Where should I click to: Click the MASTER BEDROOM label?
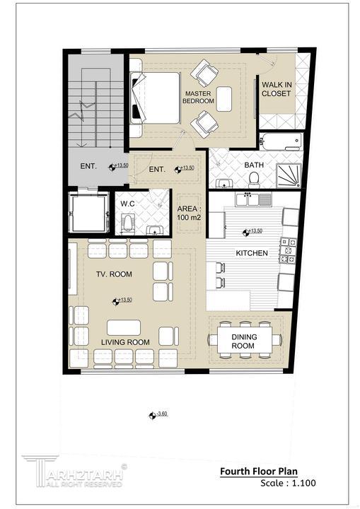[198, 98]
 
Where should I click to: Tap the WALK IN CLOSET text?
[276, 89]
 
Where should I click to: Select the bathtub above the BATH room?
[281, 141]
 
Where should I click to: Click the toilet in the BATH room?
[254, 180]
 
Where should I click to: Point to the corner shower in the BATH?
[289, 175]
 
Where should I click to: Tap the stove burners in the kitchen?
[289, 250]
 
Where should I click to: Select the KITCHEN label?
[252, 253]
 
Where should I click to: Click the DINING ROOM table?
[245, 339]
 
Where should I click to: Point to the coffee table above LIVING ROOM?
[124, 327]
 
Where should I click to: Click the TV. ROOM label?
[114, 274]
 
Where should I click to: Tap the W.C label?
[127, 204]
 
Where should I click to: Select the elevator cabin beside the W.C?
[88, 213]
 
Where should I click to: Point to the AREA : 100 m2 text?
[189, 213]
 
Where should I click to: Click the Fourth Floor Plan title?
[259, 471]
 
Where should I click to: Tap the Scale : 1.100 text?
[288, 483]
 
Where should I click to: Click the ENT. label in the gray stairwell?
[88, 166]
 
